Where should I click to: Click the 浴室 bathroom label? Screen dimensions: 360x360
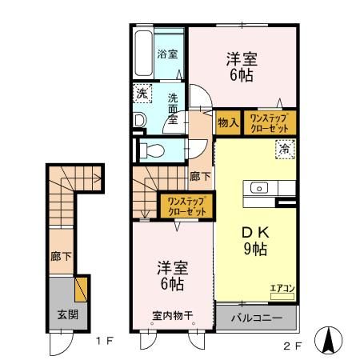click(167, 54)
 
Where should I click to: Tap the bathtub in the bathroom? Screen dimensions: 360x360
click(142, 54)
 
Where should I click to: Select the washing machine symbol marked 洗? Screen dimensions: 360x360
click(141, 93)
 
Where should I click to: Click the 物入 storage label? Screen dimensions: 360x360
click(227, 122)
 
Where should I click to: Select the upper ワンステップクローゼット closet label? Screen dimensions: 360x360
click(270, 122)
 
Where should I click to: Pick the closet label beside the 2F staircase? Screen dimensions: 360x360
click(186, 206)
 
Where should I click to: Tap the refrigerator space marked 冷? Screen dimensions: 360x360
click(282, 148)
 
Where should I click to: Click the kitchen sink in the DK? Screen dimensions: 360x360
click(261, 188)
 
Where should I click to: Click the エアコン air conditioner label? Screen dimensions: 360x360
click(282, 288)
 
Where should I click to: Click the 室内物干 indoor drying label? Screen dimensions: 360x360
click(172, 315)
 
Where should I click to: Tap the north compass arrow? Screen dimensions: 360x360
click(328, 340)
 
